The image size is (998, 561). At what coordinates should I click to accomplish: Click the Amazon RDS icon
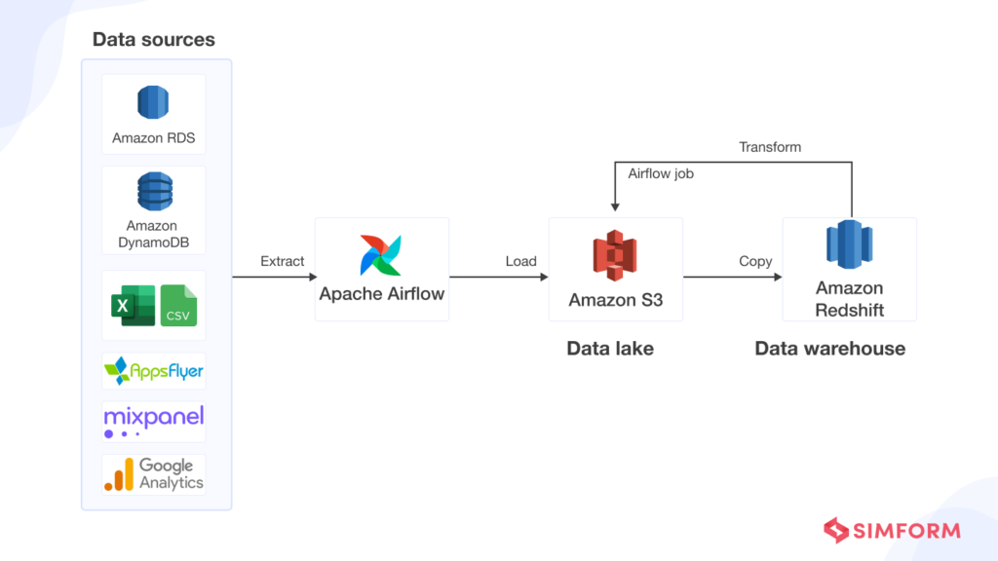153,103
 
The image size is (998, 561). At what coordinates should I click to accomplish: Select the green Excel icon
132,306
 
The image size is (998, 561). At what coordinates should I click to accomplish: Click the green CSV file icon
178,306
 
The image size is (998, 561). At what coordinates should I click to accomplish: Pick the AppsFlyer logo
154,371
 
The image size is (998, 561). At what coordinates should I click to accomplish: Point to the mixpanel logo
154,421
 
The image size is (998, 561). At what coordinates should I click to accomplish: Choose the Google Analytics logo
154,474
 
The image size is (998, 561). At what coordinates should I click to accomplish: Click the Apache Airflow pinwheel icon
381,254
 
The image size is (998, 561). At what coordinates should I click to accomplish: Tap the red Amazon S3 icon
615,255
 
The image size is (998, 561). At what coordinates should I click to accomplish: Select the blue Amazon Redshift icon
849,246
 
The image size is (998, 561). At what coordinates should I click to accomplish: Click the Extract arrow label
283,261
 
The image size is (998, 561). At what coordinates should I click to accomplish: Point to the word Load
521,261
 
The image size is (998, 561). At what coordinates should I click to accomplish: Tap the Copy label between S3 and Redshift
755,261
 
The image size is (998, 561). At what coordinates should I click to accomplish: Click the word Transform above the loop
770,147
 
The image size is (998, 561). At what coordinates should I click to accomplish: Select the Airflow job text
661,173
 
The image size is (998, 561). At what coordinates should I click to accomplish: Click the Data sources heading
154,40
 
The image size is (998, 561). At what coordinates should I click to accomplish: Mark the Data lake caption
610,348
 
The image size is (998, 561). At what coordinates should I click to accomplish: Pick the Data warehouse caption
830,348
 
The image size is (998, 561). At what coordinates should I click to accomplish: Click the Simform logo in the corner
892,531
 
